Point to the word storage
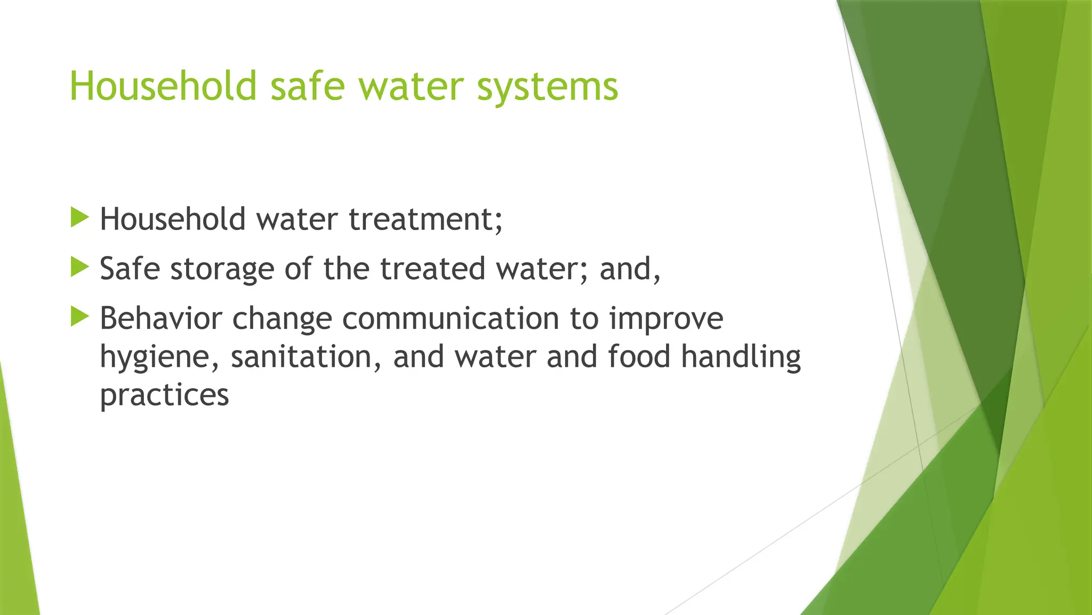221,269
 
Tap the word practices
164,396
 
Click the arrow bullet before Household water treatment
79,218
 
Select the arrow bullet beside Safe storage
79,267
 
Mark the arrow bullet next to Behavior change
79,317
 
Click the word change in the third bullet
282,319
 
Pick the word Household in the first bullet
173,219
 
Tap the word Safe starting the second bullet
130,269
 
